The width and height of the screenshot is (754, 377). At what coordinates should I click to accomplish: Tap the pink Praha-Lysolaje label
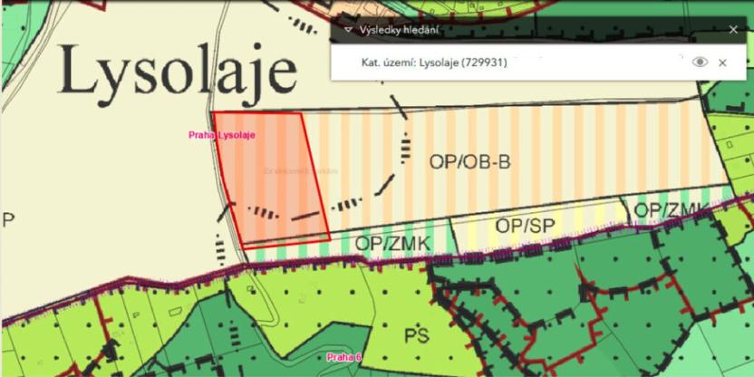(x=223, y=136)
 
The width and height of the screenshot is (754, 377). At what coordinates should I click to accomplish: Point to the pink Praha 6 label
(x=344, y=357)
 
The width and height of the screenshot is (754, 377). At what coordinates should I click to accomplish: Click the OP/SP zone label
(x=525, y=226)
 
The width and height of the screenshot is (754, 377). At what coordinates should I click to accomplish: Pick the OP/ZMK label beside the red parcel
(x=391, y=243)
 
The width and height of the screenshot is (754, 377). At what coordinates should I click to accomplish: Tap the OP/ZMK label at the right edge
(x=671, y=210)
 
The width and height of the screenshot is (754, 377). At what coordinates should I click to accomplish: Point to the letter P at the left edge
(x=8, y=220)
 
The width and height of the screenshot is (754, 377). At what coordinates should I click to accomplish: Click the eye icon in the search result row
(x=699, y=62)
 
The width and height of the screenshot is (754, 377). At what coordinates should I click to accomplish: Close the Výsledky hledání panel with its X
(x=733, y=29)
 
